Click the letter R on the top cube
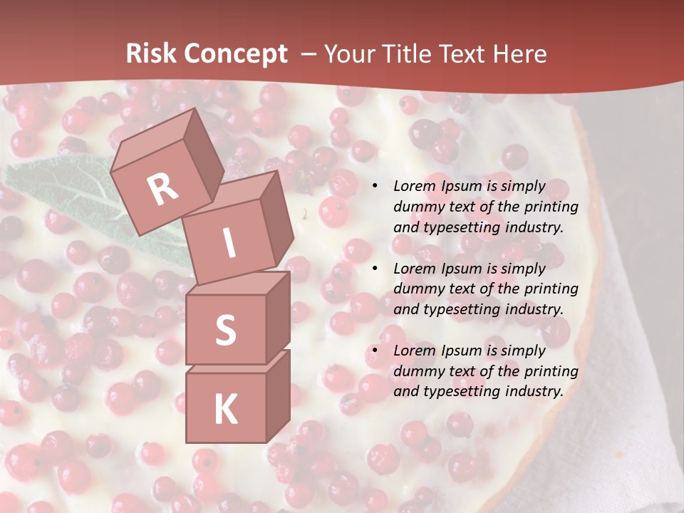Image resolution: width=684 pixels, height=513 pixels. [162, 189]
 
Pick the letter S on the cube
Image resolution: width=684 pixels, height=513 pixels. [225, 330]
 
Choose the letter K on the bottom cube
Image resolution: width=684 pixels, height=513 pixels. [225, 410]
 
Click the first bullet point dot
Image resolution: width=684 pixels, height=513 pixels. [375, 187]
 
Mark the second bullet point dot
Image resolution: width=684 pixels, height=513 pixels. [375, 269]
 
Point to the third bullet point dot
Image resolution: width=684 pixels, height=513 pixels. [375, 351]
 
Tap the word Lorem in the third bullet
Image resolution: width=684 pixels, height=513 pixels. [415, 351]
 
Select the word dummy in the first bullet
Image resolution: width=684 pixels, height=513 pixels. [418, 207]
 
